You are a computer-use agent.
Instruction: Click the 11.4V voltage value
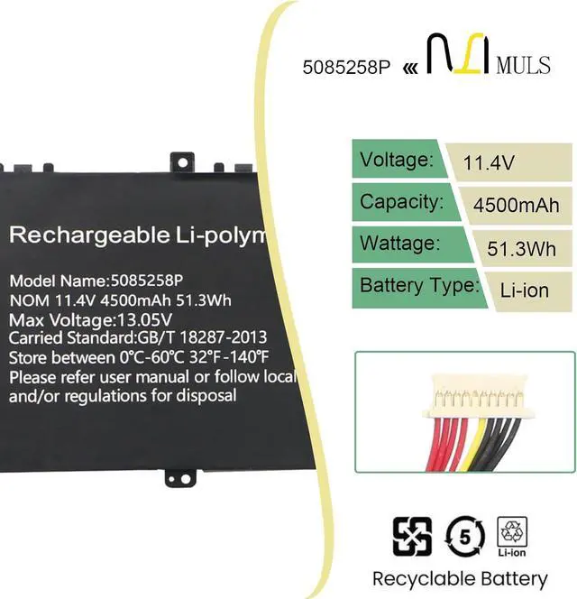489,163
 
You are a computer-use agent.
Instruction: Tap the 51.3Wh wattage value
521,248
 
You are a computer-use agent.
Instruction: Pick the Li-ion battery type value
525,290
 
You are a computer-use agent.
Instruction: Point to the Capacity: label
401,202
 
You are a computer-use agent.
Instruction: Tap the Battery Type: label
418,286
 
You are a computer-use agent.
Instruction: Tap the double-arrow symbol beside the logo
409,68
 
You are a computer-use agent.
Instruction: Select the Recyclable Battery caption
460,578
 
